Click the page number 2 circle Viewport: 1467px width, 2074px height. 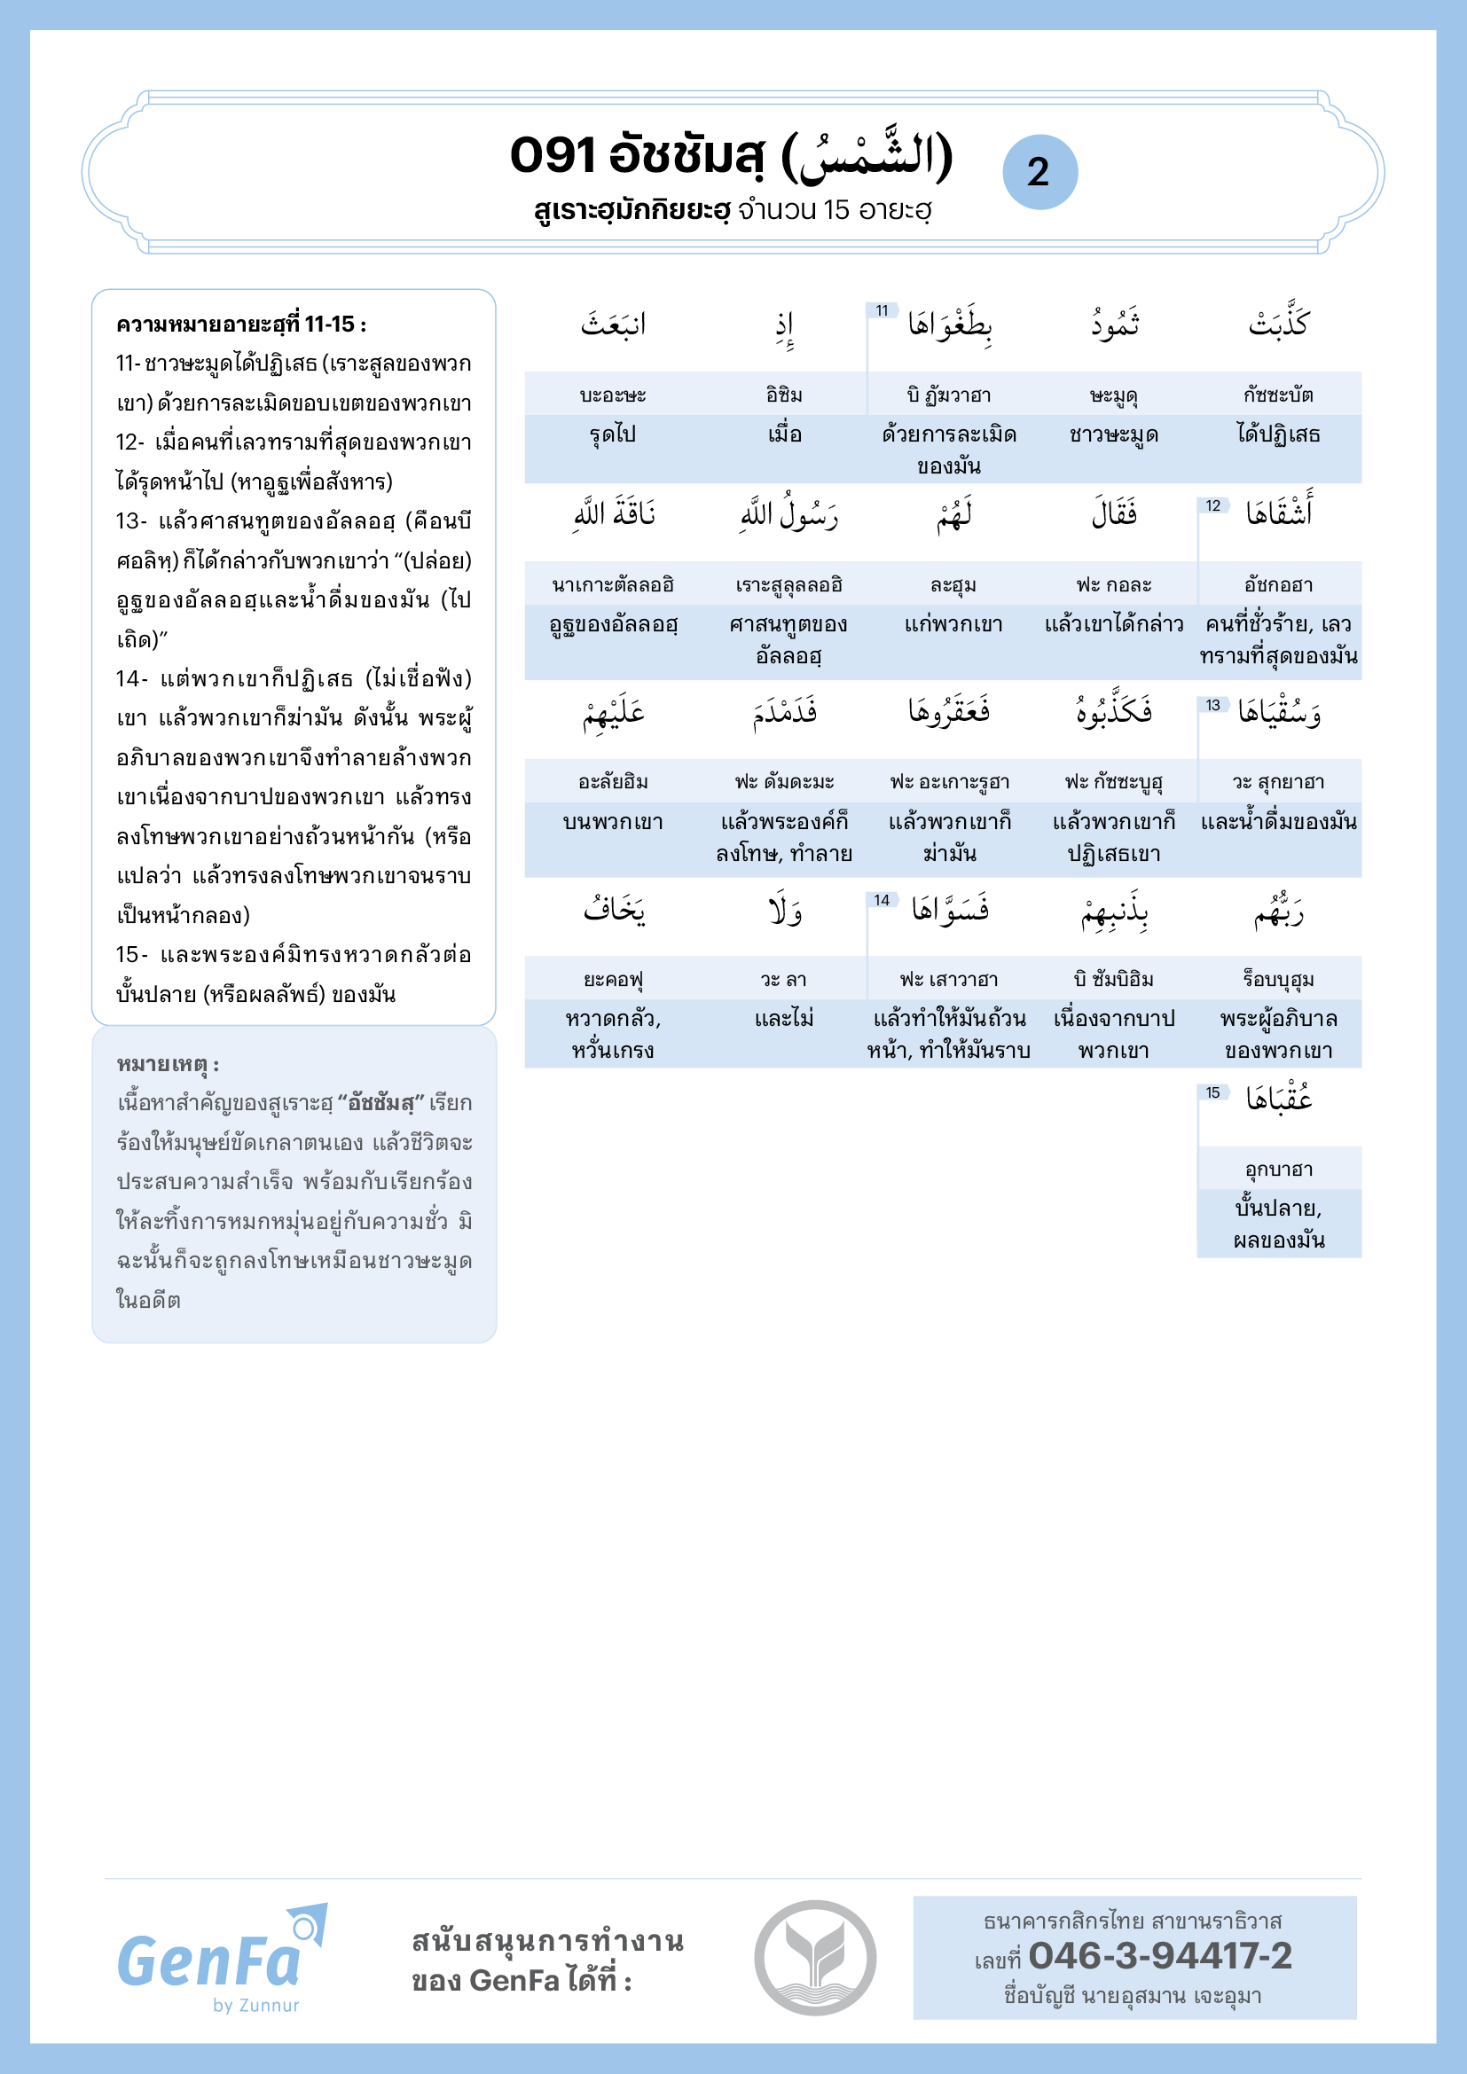[x=1039, y=172]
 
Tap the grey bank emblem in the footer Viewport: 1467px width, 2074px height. [x=815, y=1957]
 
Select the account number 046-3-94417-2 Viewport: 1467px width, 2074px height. [x=1160, y=1956]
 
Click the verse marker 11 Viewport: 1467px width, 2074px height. [x=882, y=310]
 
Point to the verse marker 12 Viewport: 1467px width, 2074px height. [x=1212, y=505]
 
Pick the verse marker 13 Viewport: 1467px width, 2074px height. [x=1212, y=705]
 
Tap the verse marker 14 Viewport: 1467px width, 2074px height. [x=882, y=900]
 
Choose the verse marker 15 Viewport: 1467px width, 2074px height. [x=1212, y=1093]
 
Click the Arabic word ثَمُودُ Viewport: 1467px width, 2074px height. [x=1115, y=324]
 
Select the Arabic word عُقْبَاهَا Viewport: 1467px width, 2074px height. [x=1279, y=1099]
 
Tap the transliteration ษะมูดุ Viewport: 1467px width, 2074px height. [x=1114, y=395]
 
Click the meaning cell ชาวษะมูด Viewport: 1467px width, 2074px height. [x=1114, y=434]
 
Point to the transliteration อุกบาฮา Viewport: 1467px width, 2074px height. [x=1278, y=1169]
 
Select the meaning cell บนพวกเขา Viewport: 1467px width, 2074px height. [x=614, y=822]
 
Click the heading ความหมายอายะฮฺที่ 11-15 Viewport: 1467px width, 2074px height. [x=241, y=325]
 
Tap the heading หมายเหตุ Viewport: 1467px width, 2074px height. [x=168, y=1064]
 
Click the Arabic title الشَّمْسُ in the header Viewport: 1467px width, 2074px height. [x=866, y=155]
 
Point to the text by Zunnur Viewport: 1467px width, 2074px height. [x=255, y=2006]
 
